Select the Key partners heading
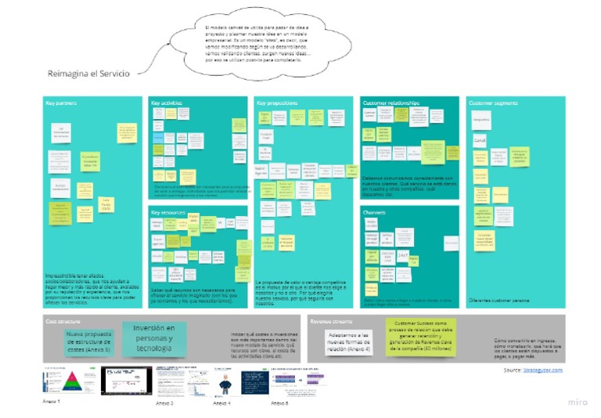pyautogui.click(x=60, y=103)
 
